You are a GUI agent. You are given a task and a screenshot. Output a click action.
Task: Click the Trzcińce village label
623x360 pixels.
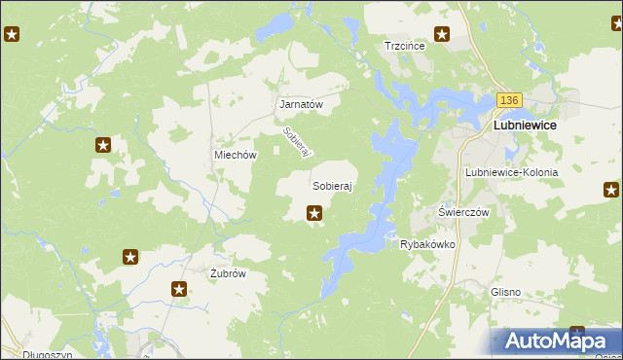(x=408, y=46)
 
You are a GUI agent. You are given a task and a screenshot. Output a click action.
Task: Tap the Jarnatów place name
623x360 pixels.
(x=300, y=103)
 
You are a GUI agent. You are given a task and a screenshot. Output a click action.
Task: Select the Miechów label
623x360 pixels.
(x=235, y=155)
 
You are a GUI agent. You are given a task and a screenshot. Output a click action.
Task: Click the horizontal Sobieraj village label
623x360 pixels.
(x=331, y=184)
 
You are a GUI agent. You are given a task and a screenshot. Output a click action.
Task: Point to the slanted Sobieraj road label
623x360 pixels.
(x=295, y=144)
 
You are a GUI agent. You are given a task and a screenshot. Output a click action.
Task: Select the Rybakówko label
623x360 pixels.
(x=428, y=245)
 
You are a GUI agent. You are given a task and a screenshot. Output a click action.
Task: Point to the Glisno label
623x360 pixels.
(x=506, y=292)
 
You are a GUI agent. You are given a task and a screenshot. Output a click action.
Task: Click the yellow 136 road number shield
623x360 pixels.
(x=509, y=100)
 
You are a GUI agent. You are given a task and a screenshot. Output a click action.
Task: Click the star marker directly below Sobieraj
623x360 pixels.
(x=314, y=213)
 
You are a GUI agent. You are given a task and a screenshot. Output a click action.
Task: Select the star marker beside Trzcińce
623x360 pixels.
(x=442, y=35)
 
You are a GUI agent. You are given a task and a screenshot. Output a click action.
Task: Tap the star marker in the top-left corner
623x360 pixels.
(x=12, y=36)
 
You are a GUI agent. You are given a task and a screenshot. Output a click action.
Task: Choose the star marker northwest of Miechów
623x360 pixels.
(x=103, y=145)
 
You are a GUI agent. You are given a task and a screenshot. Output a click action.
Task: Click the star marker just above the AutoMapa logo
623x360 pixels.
(x=576, y=334)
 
